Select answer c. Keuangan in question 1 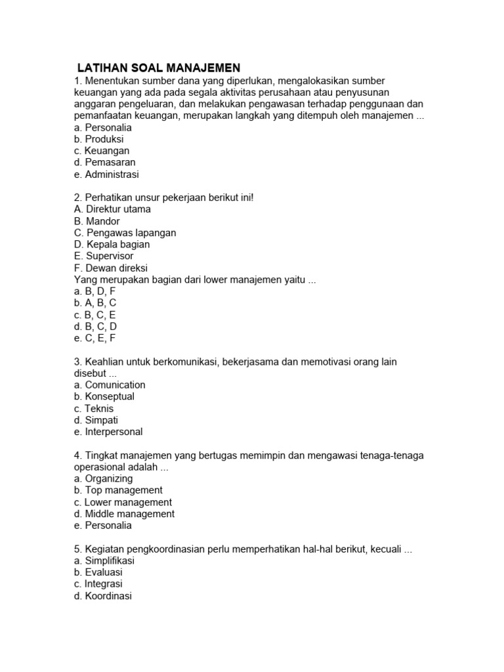click(x=102, y=151)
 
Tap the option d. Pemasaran click(x=105, y=163)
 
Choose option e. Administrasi click(x=106, y=175)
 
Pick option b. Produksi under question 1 click(x=99, y=139)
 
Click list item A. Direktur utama click(x=112, y=209)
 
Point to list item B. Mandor click(x=97, y=221)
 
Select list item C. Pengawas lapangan click(x=125, y=233)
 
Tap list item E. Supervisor click(x=104, y=256)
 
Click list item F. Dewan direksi click(x=111, y=268)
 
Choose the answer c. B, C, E click(x=94, y=315)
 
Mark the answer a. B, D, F click(x=94, y=291)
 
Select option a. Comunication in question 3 click(x=110, y=385)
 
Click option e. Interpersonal click(x=108, y=432)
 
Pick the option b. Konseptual click(x=104, y=396)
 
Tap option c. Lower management click(x=123, y=502)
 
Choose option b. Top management click(x=118, y=490)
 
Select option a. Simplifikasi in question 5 click(x=104, y=561)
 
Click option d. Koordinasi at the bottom click(x=103, y=597)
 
